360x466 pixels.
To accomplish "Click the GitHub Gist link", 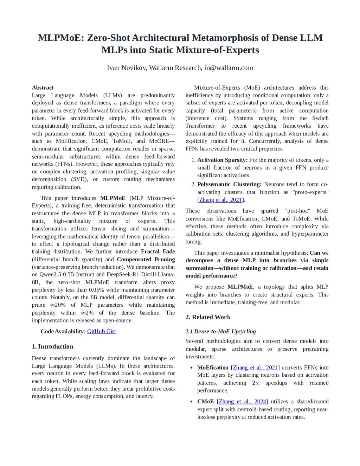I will coord(101,331).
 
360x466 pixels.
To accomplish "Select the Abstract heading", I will coord(43,88).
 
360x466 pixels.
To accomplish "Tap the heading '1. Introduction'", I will coord(52,346).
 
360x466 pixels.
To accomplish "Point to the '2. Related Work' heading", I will coord(208,317).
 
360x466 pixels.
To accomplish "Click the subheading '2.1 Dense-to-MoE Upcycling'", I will coord(220,331).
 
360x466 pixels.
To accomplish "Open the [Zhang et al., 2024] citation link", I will coord(242,401).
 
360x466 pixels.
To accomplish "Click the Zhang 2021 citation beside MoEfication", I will coord(255,368).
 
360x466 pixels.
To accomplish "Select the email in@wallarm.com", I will coord(229,68).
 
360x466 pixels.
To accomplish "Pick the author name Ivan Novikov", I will coord(126,68).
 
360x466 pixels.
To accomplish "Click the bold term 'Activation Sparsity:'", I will coord(222,160).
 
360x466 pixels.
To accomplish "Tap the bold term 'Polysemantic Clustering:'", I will coord(229,184).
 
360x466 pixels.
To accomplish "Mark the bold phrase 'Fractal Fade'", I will coord(158,251).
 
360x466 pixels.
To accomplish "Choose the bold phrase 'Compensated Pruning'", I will coord(146,259).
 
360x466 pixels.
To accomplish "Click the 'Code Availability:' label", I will coord(63,331).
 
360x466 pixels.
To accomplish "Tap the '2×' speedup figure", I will coord(256,383).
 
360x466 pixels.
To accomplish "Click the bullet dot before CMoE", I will coord(191,402).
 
